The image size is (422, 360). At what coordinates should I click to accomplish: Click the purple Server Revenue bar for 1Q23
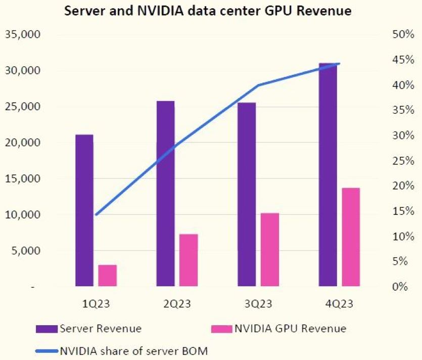(x=84, y=210)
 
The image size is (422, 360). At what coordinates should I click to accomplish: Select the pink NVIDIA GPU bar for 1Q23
(x=107, y=276)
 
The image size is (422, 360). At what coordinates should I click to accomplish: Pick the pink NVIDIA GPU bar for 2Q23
(x=189, y=260)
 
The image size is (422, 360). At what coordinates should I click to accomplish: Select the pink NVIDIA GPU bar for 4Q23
(x=351, y=237)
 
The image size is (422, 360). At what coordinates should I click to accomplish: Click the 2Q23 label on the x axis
(x=177, y=304)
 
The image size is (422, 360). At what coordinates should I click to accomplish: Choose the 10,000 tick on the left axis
(x=21, y=215)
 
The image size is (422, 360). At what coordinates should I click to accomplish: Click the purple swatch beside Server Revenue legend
(x=47, y=329)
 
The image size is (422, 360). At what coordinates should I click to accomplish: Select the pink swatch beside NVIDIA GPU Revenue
(x=221, y=329)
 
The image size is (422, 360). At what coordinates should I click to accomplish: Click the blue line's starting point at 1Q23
(x=96, y=215)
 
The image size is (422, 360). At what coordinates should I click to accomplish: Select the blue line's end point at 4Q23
(x=339, y=64)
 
